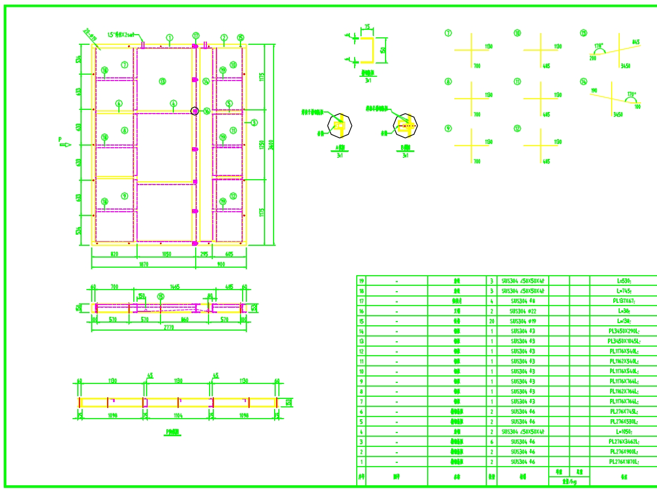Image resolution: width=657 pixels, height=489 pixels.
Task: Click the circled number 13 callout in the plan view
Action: point(162,82)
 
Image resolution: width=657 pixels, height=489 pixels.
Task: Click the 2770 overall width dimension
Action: point(169,327)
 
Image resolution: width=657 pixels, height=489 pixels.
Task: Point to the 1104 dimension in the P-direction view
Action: point(178,414)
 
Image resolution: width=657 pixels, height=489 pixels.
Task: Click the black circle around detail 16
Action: point(195,111)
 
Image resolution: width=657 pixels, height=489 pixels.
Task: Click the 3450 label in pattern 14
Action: point(618,114)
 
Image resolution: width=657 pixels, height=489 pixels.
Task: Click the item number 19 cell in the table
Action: point(361,280)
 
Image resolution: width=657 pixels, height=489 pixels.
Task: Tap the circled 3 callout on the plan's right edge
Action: point(254,123)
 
